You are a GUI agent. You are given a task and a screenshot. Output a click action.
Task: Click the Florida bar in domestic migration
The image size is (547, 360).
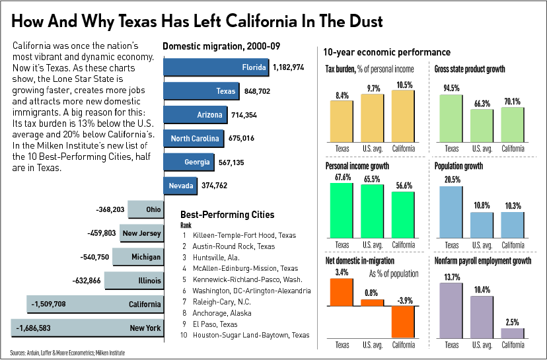click(216, 67)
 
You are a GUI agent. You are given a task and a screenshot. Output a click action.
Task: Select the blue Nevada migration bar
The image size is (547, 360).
click(180, 186)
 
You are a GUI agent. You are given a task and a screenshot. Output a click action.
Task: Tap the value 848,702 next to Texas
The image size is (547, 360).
click(257, 91)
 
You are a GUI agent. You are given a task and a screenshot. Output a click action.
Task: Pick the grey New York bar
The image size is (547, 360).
click(87, 328)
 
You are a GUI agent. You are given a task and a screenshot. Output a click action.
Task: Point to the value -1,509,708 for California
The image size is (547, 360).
click(48, 305)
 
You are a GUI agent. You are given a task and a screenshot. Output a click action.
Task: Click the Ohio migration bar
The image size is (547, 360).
click(145, 209)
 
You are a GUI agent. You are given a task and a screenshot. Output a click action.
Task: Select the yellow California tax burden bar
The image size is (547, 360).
click(403, 116)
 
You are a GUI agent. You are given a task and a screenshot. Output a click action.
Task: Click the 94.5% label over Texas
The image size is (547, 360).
click(451, 88)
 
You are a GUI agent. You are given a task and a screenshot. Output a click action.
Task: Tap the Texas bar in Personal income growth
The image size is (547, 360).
click(342, 210)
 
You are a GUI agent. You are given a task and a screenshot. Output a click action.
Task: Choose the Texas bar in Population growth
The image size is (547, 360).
click(451, 212)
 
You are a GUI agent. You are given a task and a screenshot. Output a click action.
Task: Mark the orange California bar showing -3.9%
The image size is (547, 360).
click(403, 322)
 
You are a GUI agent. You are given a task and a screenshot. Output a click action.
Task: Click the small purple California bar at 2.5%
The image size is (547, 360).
click(513, 333)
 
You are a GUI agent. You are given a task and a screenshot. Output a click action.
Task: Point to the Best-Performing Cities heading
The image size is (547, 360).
click(227, 215)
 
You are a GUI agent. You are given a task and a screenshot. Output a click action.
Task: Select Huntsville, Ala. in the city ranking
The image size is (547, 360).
click(216, 258)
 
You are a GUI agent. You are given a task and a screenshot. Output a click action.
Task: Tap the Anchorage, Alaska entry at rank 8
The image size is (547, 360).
click(222, 313)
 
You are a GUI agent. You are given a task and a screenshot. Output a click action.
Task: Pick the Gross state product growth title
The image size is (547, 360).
click(470, 69)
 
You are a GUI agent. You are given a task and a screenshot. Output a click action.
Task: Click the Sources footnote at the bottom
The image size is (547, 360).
click(67, 353)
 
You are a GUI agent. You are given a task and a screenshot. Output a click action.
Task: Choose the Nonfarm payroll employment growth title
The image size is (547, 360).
click(483, 261)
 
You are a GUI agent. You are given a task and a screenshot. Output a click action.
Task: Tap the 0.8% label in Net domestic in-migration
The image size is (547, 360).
click(371, 293)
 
